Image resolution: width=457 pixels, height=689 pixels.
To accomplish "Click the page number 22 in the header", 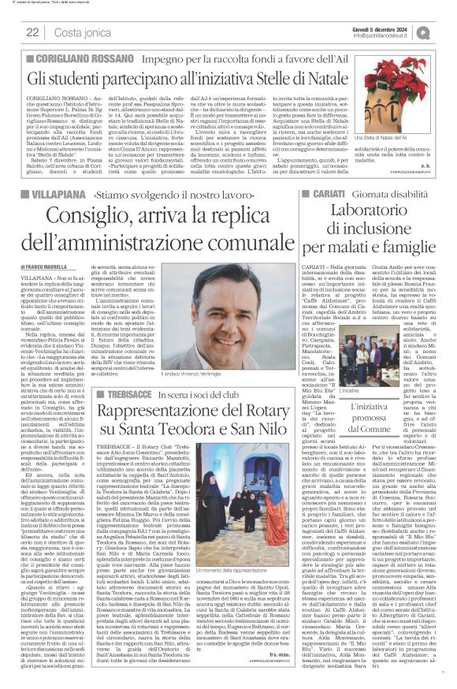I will coord(32,32).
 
